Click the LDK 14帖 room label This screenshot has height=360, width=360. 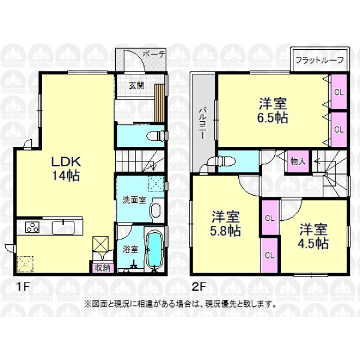pos(66,169)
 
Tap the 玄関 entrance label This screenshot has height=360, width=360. pos(136,86)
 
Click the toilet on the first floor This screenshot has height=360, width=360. pos(155,136)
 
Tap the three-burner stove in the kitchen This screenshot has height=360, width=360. pos(32,227)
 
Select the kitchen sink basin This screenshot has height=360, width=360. pos(63,227)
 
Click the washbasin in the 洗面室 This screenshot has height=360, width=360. pos(155,210)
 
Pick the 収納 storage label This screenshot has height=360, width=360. pos(103,268)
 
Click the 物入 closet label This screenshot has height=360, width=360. pos(298,161)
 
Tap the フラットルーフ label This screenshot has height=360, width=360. pos(319,60)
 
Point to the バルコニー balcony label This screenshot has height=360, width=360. pos(203,122)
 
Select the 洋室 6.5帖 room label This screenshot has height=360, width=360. pos(273,110)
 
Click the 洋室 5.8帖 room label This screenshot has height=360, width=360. pos(226,224)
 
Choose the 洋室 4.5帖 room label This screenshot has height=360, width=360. pos(313,236)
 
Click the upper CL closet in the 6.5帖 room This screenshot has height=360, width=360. pos(338,92)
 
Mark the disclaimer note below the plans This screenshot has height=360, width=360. pos(180,304)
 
